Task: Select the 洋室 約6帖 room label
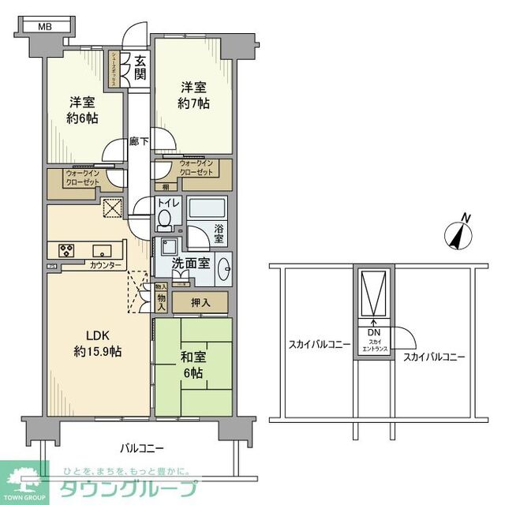82,110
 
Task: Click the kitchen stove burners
62,251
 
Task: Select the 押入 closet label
200,301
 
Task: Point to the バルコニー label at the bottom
142,448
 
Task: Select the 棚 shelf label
165,187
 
